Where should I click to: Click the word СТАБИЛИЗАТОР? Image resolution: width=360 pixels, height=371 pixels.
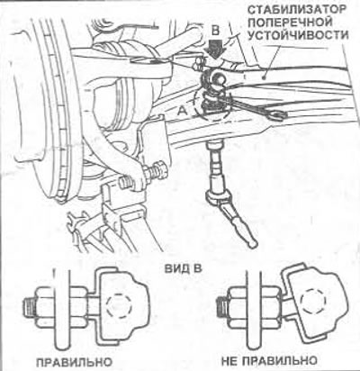pyautogui.click(x=296, y=10)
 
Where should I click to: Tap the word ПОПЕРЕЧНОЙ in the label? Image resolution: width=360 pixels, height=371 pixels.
pyautogui.click(x=291, y=23)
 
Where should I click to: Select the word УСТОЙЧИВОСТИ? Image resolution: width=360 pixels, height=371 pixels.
pyautogui.click(x=299, y=35)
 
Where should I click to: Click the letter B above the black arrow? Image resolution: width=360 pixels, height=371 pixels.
pyautogui.click(x=215, y=31)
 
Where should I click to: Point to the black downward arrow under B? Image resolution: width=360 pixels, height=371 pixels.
pyautogui.click(x=215, y=49)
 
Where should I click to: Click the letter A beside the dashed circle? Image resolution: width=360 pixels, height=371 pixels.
pyautogui.click(x=182, y=111)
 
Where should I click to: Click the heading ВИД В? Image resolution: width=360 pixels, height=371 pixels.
pyautogui.click(x=184, y=268)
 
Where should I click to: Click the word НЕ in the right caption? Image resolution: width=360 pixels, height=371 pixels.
pyautogui.click(x=230, y=360)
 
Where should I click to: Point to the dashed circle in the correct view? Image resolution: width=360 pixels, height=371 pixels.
pyautogui.click(x=119, y=306)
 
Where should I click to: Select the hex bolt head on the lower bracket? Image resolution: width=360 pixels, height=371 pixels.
pyautogui.click(x=160, y=170)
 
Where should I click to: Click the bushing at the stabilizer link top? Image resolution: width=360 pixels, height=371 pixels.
pyautogui.click(x=214, y=78)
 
